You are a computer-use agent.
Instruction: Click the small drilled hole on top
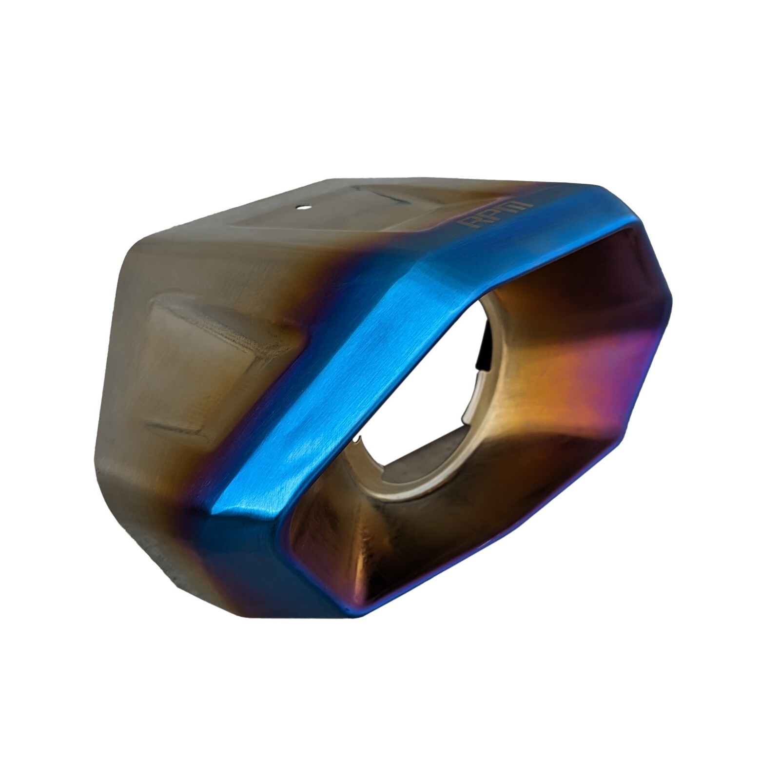point(303,207)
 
